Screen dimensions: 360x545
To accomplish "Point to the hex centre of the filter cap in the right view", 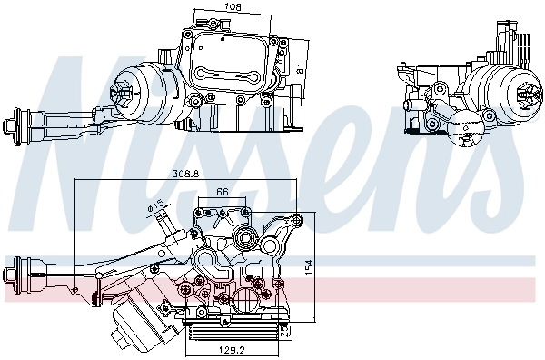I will point(524,91).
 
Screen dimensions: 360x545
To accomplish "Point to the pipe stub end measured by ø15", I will point(164,220).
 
